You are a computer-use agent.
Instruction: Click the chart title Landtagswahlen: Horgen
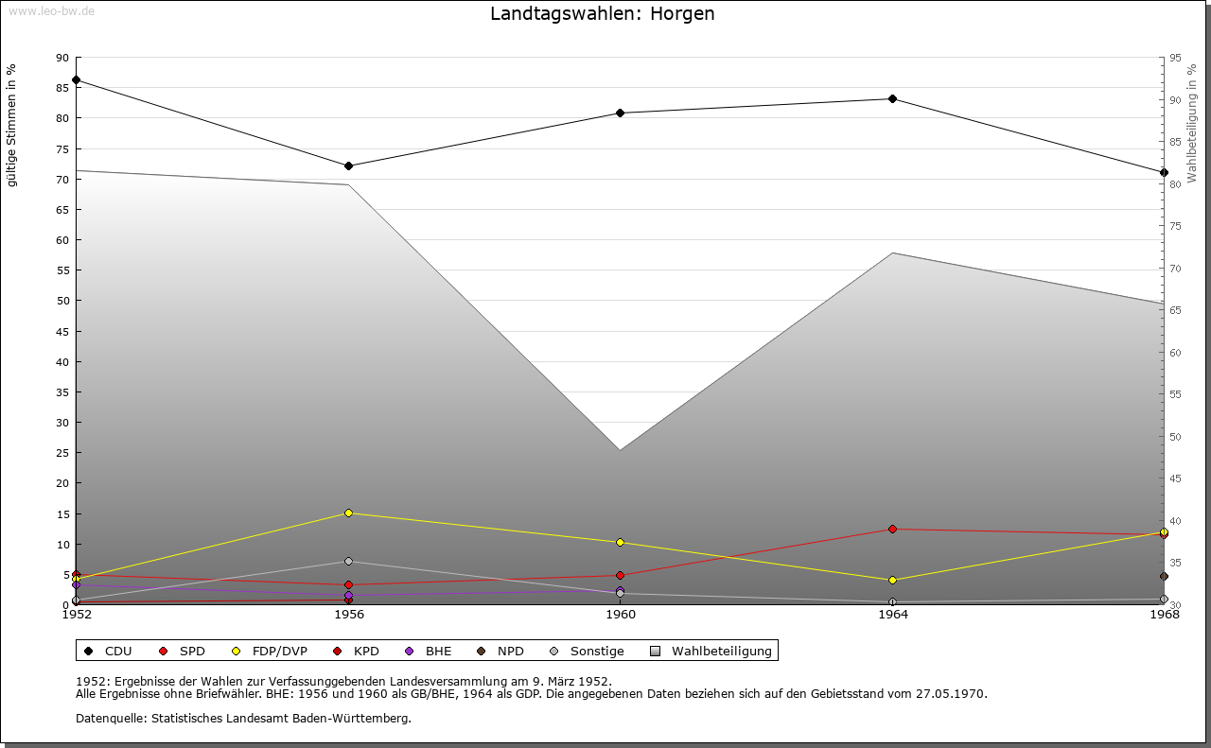602,14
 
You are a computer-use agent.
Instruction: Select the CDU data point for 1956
349,166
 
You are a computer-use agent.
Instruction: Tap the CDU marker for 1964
892,99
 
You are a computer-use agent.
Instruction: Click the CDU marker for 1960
621,113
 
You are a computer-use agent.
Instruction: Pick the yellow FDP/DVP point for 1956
349,513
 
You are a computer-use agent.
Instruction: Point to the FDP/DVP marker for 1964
892,581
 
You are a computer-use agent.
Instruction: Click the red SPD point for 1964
892,530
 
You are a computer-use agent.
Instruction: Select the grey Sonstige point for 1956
349,562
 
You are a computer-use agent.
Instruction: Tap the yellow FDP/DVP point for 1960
621,543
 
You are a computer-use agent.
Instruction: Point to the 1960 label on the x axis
621,616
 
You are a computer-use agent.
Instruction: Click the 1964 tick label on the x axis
892,616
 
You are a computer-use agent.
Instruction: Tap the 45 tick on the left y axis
61,332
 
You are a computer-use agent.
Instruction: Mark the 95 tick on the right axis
1175,58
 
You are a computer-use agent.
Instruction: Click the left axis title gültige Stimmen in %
12,126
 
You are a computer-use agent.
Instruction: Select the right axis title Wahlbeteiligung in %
1192,123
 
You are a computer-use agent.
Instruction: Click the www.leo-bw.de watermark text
51,10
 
